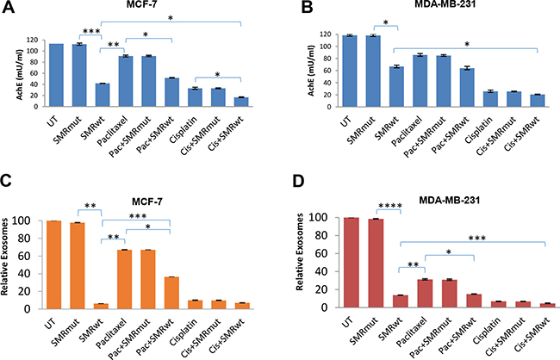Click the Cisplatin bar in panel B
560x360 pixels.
464,99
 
